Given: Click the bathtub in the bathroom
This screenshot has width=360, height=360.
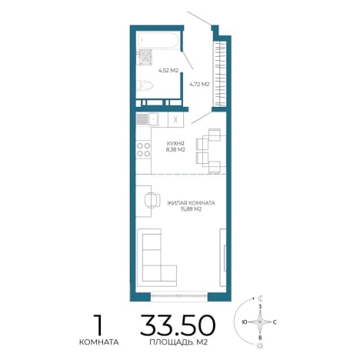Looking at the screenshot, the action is click(158, 40).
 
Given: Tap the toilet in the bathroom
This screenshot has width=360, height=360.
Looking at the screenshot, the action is click(145, 85).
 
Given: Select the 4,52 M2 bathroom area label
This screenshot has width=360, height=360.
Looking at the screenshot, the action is click(168, 71).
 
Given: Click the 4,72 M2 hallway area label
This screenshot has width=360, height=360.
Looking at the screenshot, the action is click(199, 84).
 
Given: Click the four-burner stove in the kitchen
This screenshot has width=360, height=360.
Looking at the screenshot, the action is click(143, 150).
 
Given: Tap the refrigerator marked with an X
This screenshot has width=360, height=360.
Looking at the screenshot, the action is click(175, 119).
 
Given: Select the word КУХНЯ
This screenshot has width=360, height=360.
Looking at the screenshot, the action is click(175, 143).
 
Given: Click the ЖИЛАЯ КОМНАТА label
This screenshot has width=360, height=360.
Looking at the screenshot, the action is click(191, 203).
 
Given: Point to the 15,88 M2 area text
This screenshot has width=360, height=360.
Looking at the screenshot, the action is click(191, 209).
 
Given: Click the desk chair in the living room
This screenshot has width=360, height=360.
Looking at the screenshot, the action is click(152, 200).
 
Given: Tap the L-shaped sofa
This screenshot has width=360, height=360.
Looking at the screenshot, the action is click(157, 258).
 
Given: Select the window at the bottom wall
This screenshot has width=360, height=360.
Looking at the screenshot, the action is click(179, 295).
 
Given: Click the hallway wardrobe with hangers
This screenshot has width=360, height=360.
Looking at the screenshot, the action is click(221, 74).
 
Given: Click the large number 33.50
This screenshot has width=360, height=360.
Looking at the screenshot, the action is click(178, 325).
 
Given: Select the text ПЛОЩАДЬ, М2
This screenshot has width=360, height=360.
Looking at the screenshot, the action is click(178, 342).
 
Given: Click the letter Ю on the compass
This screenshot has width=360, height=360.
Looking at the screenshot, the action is click(245, 322).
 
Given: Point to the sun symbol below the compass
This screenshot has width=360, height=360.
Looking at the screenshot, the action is click(259, 346).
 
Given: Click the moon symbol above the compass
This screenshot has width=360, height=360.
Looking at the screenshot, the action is click(261, 298).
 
